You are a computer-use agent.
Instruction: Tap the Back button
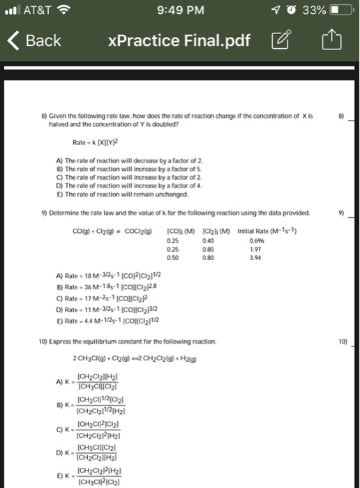click(x=35, y=40)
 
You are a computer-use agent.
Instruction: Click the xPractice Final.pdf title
click(x=179, y=40)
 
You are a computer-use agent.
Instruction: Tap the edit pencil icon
click(x=283, y=40)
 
